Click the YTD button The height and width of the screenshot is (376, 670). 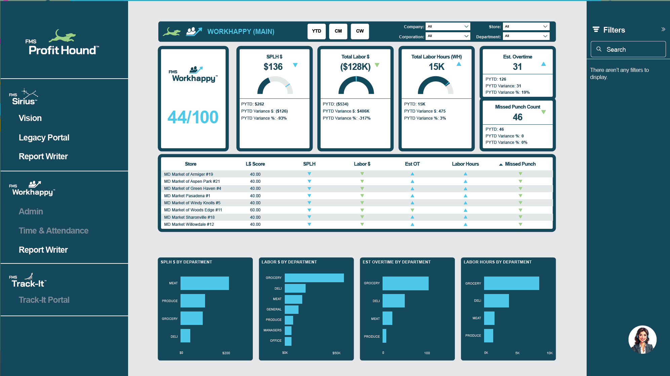click(x=316, y=31)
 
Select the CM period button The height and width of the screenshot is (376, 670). click(x=338, y=31)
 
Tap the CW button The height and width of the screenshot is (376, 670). click(x=360, y=31)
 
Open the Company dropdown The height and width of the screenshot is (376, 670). click(x=447, y=27)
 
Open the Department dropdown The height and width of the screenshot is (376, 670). click(x=526, y=36)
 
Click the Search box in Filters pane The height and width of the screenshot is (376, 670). click(x=628, y=49)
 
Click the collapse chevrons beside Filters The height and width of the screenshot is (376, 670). click(x=663, y=30)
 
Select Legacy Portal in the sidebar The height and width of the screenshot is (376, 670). click(x=44, y=138)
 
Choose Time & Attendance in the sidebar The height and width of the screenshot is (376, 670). click(x=53, y=231)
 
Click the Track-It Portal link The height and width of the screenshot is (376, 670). click(x=44, y=300)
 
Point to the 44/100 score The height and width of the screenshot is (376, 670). click(x=193, y=117)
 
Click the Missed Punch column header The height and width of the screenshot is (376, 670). click(x=520, y=164)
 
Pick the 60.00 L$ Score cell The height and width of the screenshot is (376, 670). click(x=255, y=210)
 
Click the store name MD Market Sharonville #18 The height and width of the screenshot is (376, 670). click(x=189, y=217)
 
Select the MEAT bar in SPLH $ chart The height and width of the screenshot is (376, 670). click(x=204, y=283)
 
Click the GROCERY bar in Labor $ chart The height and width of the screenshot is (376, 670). click(x=314, y=278)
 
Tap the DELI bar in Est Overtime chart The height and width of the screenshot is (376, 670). click(x=393, y=301)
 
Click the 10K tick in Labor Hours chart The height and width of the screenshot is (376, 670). click(x=549, y=353)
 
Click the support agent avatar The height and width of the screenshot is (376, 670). click(x=642, y=340)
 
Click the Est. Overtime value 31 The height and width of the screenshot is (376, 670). click(x=517, y=67)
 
